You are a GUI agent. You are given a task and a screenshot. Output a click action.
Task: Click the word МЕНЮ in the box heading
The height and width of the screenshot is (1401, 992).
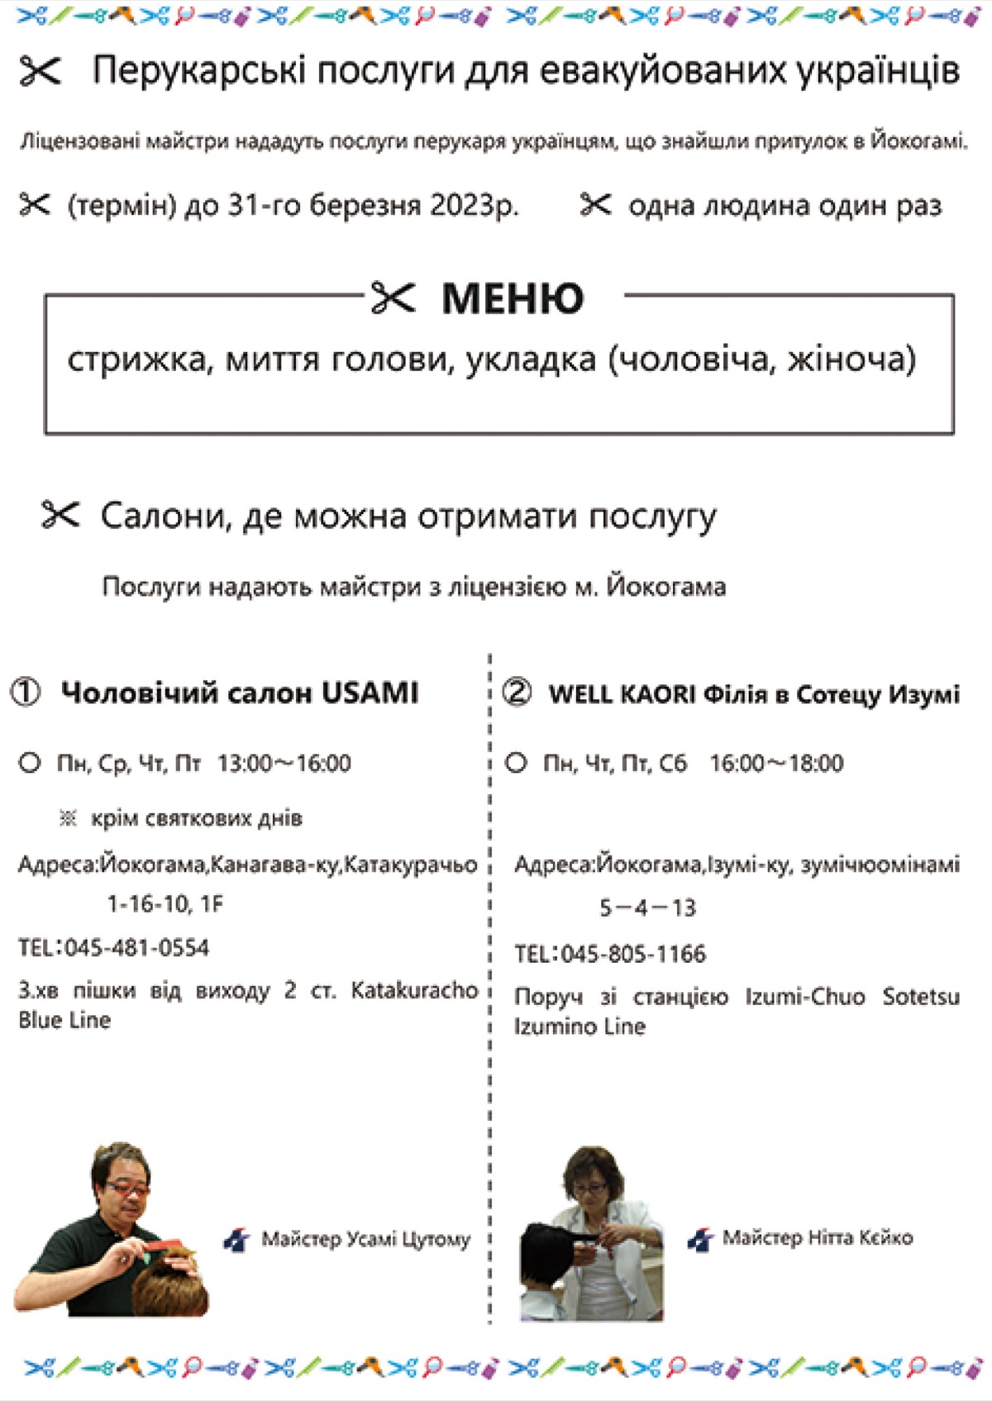[513, 298]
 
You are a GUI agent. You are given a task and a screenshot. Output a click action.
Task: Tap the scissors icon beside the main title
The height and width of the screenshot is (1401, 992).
[40, 71]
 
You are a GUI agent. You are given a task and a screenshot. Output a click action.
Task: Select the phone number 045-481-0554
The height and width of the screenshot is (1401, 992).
[136, 947]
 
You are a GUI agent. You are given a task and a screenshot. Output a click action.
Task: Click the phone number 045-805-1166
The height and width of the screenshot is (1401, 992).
[633, 954]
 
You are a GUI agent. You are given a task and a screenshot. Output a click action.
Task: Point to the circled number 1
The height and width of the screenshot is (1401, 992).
[25, 692]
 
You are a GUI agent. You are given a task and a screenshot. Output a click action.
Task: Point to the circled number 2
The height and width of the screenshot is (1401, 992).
[517, 692]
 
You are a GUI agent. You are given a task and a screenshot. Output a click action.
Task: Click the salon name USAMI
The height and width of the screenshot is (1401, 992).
[370, 693]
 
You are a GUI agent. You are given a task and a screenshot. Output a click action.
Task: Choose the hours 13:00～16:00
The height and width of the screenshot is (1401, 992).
[284, 763]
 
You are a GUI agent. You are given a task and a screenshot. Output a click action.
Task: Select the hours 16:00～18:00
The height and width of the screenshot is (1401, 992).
[776, 763]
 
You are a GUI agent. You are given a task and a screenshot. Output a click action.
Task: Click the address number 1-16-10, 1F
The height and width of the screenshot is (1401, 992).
[165, 904]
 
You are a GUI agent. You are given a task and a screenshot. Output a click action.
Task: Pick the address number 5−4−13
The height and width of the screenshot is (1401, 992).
[647, 908]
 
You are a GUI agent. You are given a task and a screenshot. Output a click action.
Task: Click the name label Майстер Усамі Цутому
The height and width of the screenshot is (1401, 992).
[365, 1239]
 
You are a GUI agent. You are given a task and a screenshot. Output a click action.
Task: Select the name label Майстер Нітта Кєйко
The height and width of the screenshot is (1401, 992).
[817, 1237]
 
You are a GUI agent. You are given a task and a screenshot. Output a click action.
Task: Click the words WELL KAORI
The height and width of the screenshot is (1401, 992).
[622, 693]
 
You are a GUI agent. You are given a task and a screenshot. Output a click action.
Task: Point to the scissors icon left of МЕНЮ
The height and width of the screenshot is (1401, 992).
[393, 298]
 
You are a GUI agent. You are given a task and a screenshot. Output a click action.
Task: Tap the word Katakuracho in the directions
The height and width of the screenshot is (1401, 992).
[414, 989]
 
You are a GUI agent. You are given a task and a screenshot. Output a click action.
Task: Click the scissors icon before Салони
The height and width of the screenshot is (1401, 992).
[60, 515]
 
